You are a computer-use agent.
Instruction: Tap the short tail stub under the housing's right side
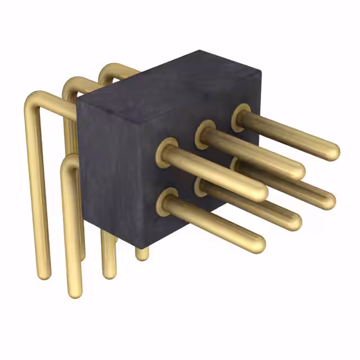coord(142,255)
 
